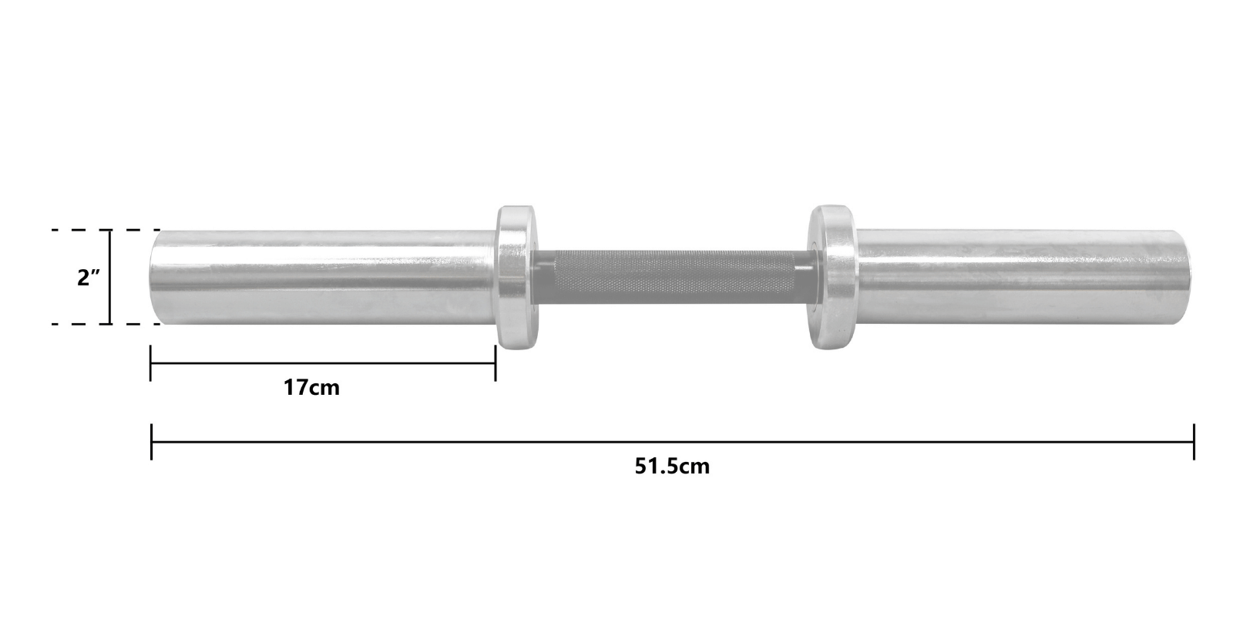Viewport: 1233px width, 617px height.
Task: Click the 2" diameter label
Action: (88, 278)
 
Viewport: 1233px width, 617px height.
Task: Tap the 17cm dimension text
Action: (311, 387)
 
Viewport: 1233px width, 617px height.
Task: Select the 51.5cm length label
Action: (672, 467)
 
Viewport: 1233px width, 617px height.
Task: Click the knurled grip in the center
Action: (670, 276)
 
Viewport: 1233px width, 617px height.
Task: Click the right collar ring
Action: (831, 277)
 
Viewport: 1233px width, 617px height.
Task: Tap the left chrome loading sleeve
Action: (324, 277)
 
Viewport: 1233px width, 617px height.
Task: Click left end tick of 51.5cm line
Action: (151, 442)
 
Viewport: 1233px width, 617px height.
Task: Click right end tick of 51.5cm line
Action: (1194, 442)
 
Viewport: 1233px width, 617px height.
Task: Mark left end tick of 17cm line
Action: (150, 362)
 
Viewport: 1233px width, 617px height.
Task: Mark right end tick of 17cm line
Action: (495, 362)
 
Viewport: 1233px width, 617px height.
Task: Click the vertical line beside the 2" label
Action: (110, 277)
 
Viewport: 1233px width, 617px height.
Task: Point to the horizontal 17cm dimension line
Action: (324, 363)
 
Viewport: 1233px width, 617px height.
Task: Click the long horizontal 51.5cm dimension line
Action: (672, 442)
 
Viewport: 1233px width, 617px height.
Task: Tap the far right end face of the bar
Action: (1188, 277)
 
